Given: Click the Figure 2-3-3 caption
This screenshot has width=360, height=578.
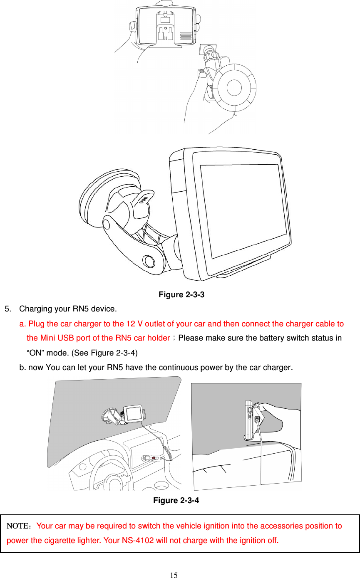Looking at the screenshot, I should coord(181,295).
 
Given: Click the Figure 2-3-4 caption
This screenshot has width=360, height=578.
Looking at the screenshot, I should coord(176,500).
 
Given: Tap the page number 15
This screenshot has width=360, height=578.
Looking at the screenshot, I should coord(174,575).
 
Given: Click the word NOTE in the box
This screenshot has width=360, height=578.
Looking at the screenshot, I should coord(18,526).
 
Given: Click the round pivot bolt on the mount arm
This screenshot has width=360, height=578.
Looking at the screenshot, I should coord(148,261).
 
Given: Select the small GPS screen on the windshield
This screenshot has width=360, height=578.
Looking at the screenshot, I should coord(134,414).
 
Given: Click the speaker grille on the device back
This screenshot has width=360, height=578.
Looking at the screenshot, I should coord(186,36).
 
